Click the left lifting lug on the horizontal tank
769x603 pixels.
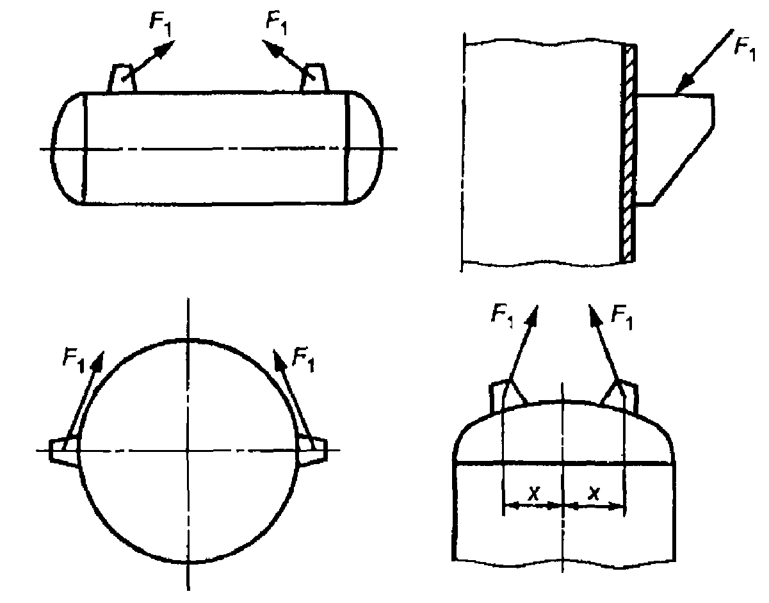(122, 78)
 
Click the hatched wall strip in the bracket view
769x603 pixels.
(629, 153)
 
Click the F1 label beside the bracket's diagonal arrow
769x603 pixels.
(745, 49)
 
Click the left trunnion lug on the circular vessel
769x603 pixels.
(63, 453)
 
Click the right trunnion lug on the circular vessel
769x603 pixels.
(312, 453)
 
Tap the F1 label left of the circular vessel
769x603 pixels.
(74, 360)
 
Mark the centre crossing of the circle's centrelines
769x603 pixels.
(188, 451)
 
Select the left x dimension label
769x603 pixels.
(533, 494)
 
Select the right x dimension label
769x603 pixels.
(594, 492)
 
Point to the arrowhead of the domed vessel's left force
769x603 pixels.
(532, 316)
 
